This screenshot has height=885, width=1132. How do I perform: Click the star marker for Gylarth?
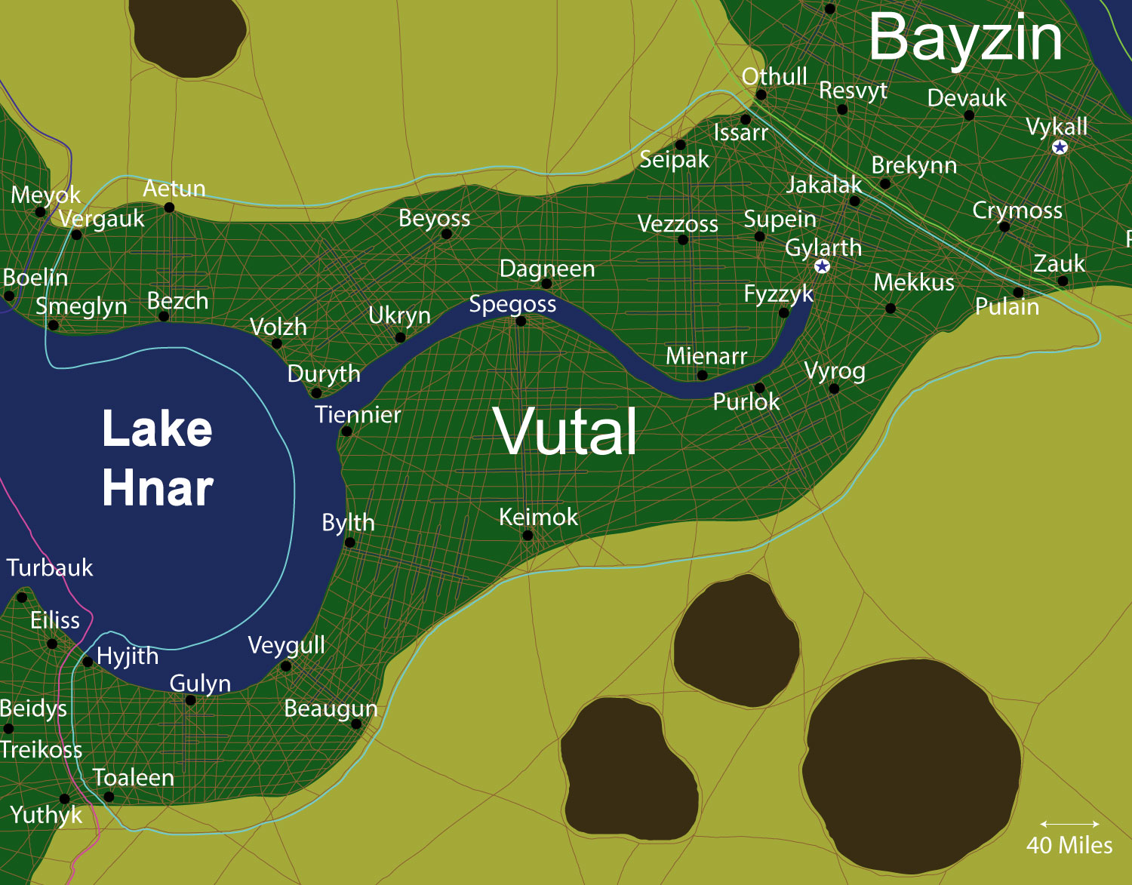[x=823, y=266]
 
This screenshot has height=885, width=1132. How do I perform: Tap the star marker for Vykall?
[x=1060, y=147]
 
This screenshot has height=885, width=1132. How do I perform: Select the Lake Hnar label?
[x=158, y=458]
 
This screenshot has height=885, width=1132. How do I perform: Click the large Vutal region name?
[x=565, y=431]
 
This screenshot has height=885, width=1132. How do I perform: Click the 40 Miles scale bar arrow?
[x=1069, y=824]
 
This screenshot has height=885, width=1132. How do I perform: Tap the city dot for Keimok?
[x=528, y=536]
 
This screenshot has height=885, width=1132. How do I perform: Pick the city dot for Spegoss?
[x=521, y=321]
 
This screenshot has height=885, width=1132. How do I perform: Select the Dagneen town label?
[x=547, y=269]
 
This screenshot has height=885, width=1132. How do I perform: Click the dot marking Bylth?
[x=349, y=542]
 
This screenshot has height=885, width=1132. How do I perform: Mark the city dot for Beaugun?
[x=356, y=724]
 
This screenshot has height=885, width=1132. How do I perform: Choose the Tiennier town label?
[x=358, y=414]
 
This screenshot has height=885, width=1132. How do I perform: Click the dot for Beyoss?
[x=446, y=235]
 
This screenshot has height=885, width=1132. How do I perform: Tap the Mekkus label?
[x=914, y=283]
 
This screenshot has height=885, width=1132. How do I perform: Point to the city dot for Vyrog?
[x=834, y=389]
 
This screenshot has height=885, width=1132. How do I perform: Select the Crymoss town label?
[x=1017, y=210]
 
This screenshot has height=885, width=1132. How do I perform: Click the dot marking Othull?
[x=761, y=95]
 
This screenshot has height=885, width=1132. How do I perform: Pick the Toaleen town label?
[x=134, y=777]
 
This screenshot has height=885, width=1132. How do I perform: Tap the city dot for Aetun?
[x=169, y=207]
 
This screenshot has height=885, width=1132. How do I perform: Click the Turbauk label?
[x=50, y=567]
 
